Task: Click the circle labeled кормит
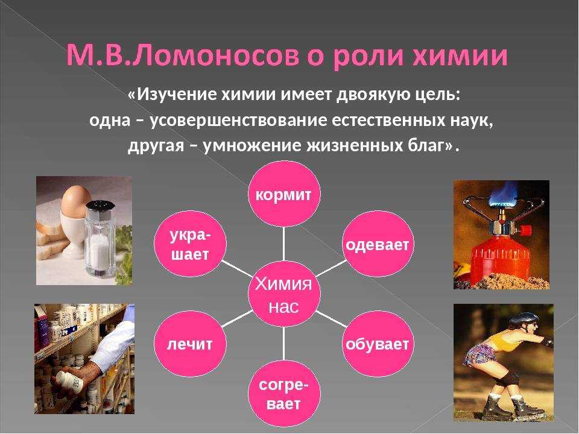point(283,194)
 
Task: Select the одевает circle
point(378,244)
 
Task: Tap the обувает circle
point(378,344)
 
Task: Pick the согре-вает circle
point(283,394)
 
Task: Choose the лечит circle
point(190,344)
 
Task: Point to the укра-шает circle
point(190,244)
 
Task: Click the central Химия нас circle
point(283,294)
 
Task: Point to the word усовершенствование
point(239,121)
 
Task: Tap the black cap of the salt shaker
point(101,208)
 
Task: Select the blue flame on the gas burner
point(502,193)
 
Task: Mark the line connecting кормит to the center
point(283,244)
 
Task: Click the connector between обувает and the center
point(331,319)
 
